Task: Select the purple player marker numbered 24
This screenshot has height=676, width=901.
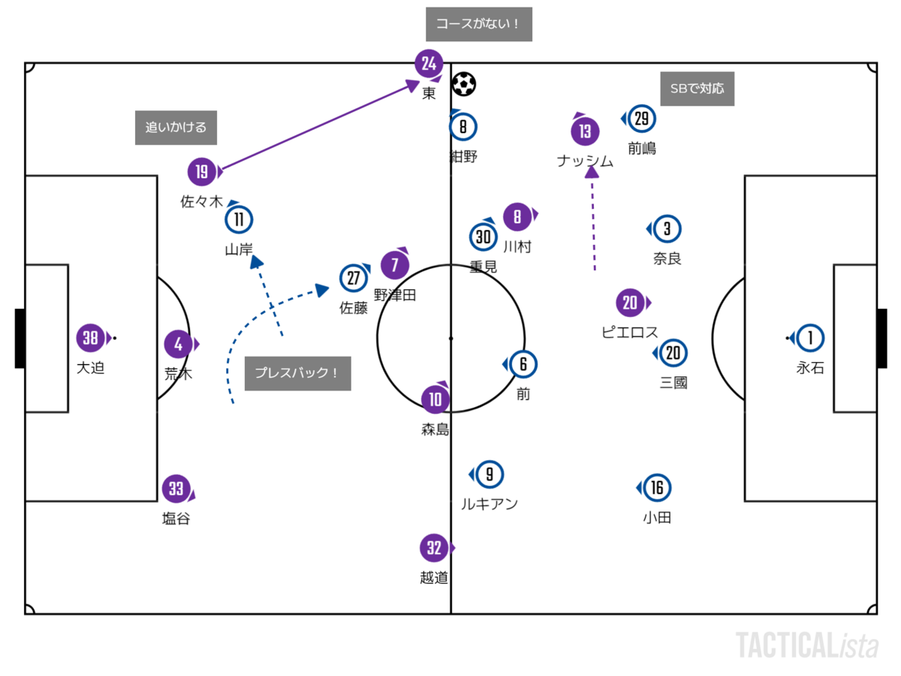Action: click(429, 64)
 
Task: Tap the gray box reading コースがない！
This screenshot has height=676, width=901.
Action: click(479, 25)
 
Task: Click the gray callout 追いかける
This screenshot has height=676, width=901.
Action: click(176, 128)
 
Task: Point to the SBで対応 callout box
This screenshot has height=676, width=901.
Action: click(698, 89)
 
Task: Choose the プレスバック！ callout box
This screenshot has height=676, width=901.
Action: click(297, 373)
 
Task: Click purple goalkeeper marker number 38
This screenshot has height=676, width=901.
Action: click(91, 339)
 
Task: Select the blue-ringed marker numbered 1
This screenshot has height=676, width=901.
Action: click(810, 339)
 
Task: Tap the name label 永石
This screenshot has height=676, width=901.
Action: click(810, 368)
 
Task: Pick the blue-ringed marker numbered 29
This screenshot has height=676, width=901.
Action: click(641, 119)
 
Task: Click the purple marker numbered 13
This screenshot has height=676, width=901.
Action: click(586, 132)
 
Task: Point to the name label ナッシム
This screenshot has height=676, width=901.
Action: click(586, 161)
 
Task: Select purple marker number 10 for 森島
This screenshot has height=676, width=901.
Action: click(435, 400)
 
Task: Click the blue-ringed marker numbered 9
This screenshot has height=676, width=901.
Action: click(490, 475)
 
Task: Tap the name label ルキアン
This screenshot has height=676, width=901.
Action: click(490, 504)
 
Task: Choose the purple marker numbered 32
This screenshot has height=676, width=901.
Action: click(435, 548)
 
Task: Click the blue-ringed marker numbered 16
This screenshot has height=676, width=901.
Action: click(657, 488)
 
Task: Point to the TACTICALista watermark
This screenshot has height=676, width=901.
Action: click(807, 645)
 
